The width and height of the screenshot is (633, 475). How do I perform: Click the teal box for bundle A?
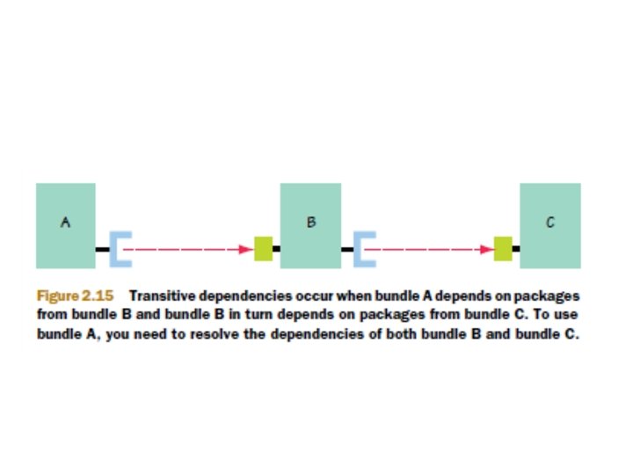point(65,225)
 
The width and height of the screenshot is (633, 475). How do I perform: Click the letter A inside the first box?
point(65,223)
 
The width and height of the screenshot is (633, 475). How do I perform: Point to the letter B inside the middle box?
point(310,223)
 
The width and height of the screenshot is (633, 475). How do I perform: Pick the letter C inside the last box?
point(549,223)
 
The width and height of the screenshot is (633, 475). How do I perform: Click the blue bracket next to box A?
point(120,249)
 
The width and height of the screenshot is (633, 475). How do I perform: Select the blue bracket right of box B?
point(363,249)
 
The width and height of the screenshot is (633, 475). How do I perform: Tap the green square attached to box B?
point(263,249)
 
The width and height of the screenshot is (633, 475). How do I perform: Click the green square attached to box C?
point(503,249)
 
